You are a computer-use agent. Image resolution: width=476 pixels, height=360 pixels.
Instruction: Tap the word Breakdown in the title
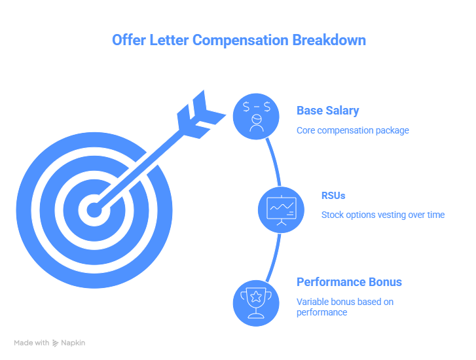click(x=329, y=41)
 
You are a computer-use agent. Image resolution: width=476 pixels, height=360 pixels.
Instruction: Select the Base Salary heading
click(x=327, y=111)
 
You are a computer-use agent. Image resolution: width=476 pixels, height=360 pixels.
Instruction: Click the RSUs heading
click(x=333, y=195)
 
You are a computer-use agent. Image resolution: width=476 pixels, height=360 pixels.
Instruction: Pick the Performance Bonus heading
click(x=349, y=282)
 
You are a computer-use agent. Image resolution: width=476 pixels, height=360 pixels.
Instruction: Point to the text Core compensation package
click(x=352, y=130)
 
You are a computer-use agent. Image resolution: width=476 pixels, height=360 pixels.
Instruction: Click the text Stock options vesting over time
click(x=382, y=215)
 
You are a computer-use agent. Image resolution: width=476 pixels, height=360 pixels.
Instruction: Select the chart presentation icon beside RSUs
click(x=282, y=209)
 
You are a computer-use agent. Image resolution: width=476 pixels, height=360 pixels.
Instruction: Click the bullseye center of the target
click(x=94, y=210)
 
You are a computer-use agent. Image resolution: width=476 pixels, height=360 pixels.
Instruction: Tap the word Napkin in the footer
click(x=74, y=342)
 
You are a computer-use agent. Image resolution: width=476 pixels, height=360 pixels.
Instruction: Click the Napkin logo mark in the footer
click(x=56, y=342)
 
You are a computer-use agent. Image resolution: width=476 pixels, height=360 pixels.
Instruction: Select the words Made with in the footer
click(x=32, y=342)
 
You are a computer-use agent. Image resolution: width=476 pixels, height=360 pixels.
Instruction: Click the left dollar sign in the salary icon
click(x=246, y=105)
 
